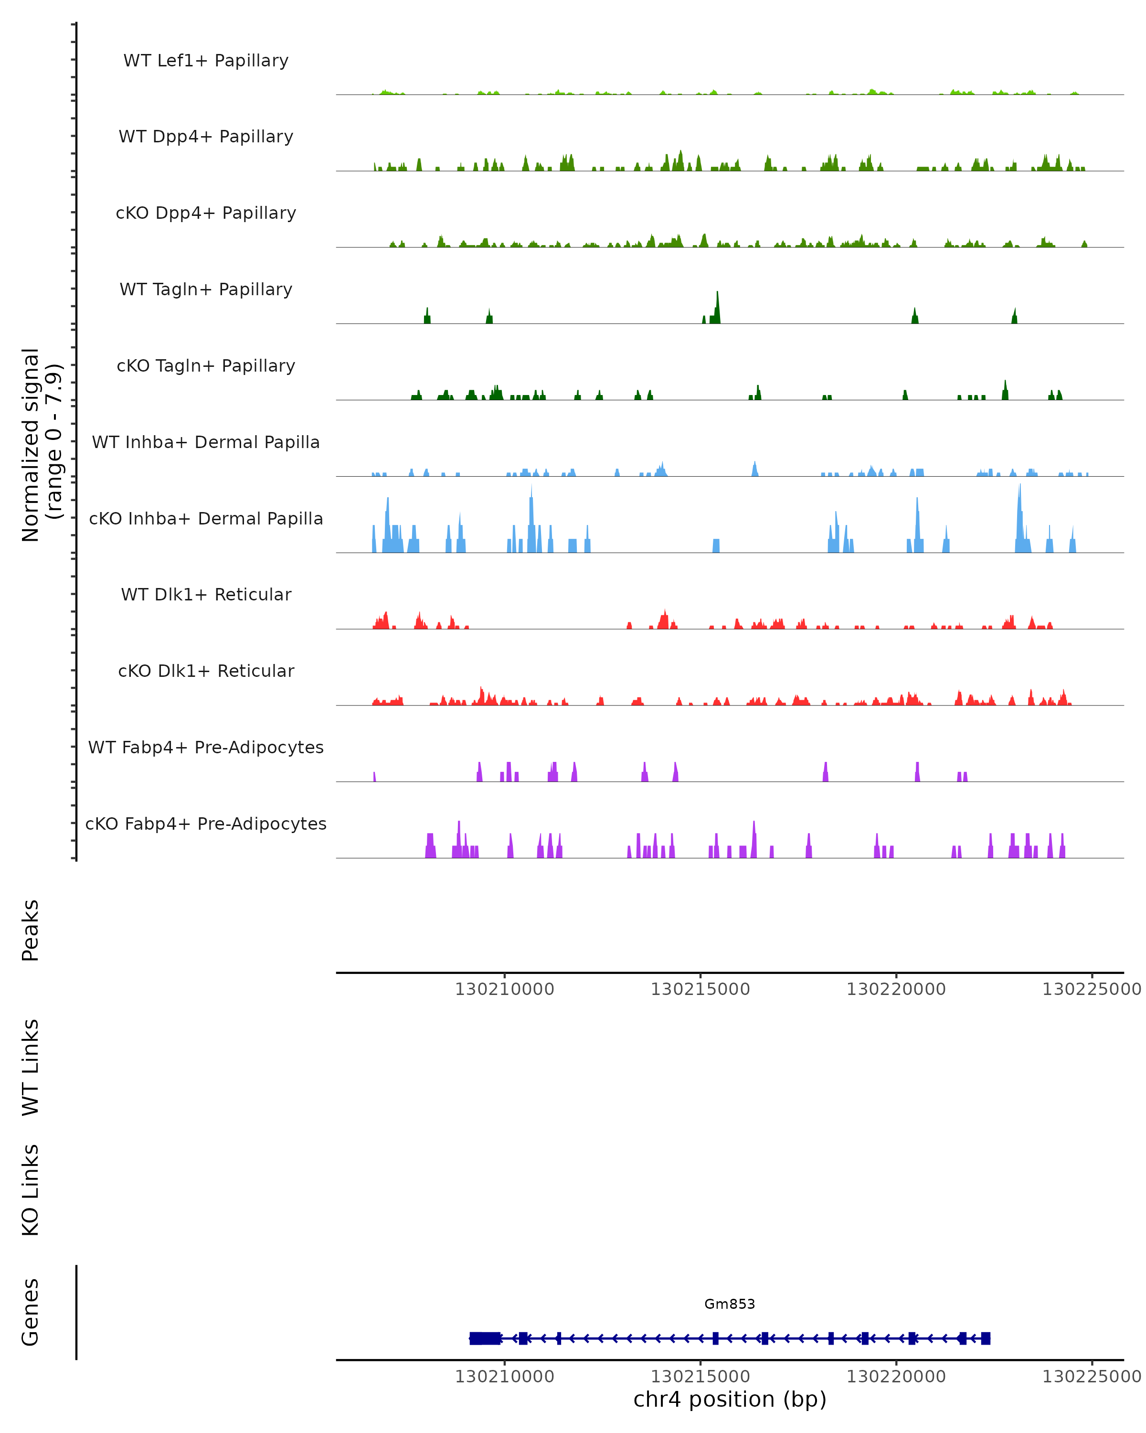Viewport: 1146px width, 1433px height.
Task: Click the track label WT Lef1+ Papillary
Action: point(206,61)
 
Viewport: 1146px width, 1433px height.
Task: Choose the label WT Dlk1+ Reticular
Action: point(206,594)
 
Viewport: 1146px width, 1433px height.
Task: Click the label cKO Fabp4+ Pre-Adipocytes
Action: point(206,823)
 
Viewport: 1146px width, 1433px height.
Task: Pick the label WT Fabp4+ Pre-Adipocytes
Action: point(206,747)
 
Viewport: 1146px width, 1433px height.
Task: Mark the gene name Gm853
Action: point(730,1304)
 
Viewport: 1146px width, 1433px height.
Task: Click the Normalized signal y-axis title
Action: point(41,445)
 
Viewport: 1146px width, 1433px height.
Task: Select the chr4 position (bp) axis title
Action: point(730,1399)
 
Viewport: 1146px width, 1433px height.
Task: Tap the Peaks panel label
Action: point(31,930)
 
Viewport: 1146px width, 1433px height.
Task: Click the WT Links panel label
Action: point(31,1067)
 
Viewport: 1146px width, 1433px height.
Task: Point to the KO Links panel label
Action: point(31,1190)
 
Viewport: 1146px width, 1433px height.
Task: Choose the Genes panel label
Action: point(31,1312)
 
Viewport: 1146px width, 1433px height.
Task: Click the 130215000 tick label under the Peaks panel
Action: point(700,989)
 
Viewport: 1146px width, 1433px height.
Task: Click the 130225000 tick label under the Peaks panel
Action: point(1092,989)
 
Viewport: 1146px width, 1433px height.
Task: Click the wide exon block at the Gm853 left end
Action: point(485,1338)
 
